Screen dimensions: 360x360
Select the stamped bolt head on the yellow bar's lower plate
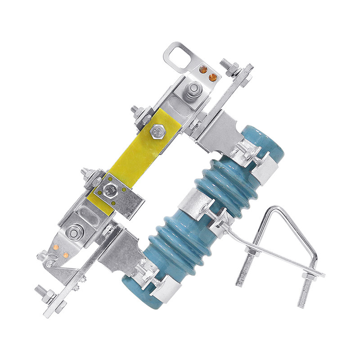click(x=109, y=190)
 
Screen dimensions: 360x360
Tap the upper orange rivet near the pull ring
click(x=202, y=70)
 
